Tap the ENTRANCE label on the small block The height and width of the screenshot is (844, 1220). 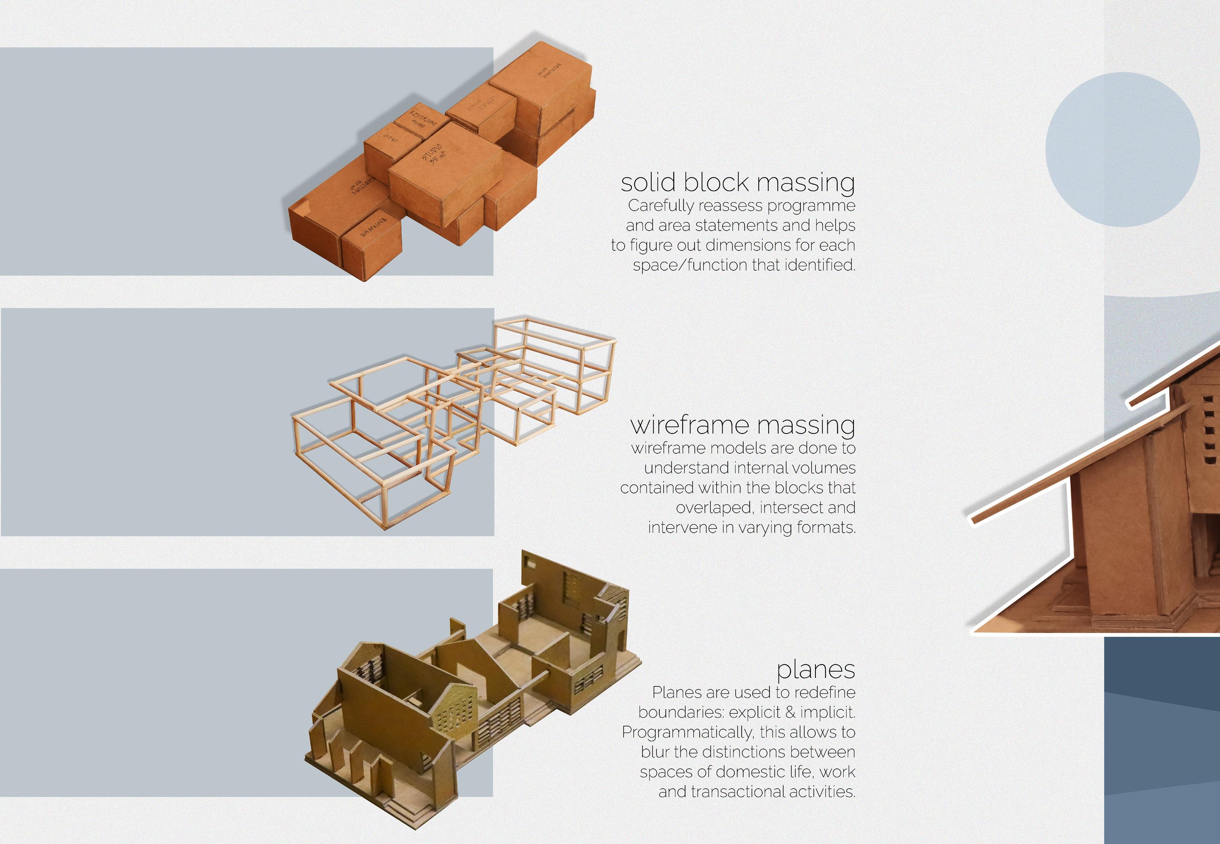pos(373,227)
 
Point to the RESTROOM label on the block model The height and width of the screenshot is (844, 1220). pos(423,121)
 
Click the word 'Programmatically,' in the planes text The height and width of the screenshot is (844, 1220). pos(687,732)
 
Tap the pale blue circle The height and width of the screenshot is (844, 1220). pos(1122,150)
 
